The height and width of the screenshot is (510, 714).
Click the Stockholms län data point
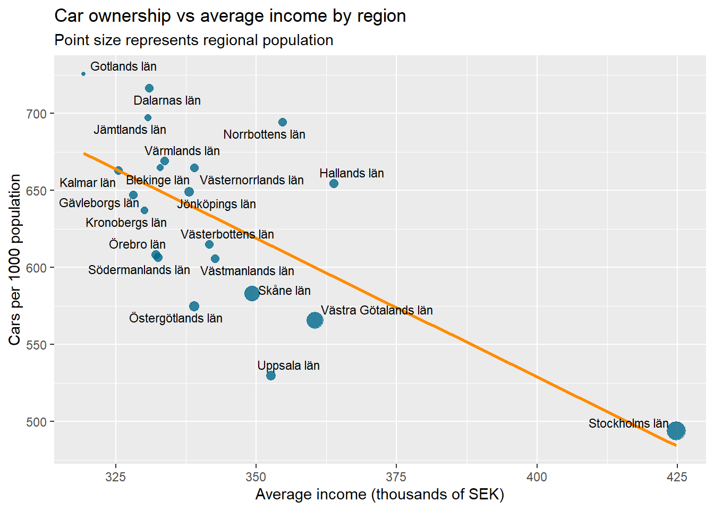click(x=676, y=430)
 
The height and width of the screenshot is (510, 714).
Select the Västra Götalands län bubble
click(x=315, y=320)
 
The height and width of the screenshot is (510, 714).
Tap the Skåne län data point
click(x=252, y=293)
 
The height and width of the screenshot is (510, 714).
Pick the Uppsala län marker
click(x=271, y=376)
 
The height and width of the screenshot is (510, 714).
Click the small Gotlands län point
click(x=83, y=74)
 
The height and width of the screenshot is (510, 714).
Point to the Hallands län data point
click(x=334, y=184)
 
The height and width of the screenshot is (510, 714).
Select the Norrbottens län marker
click(x=283, y=122)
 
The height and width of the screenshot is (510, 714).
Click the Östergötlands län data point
click(x=194, y=307)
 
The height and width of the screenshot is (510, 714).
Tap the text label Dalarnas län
click(x=167, y=100)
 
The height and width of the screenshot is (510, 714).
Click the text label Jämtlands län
click(x=130, y=130)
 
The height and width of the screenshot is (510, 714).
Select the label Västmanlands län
click(x=247, y=271)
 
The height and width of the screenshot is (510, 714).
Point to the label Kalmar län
click(x=88, y=183)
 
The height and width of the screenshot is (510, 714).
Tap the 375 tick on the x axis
click(x=396, y=477)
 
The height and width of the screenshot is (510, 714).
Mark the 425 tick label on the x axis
click(x=677, y=477)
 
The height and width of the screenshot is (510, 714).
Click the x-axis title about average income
click(x=379, y=495)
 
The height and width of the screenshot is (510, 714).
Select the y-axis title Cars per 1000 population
click(x=15, y=259)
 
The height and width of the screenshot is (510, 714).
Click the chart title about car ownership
click(x=230, y=16)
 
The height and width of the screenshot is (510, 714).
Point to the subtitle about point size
click(x=194, y=40)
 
